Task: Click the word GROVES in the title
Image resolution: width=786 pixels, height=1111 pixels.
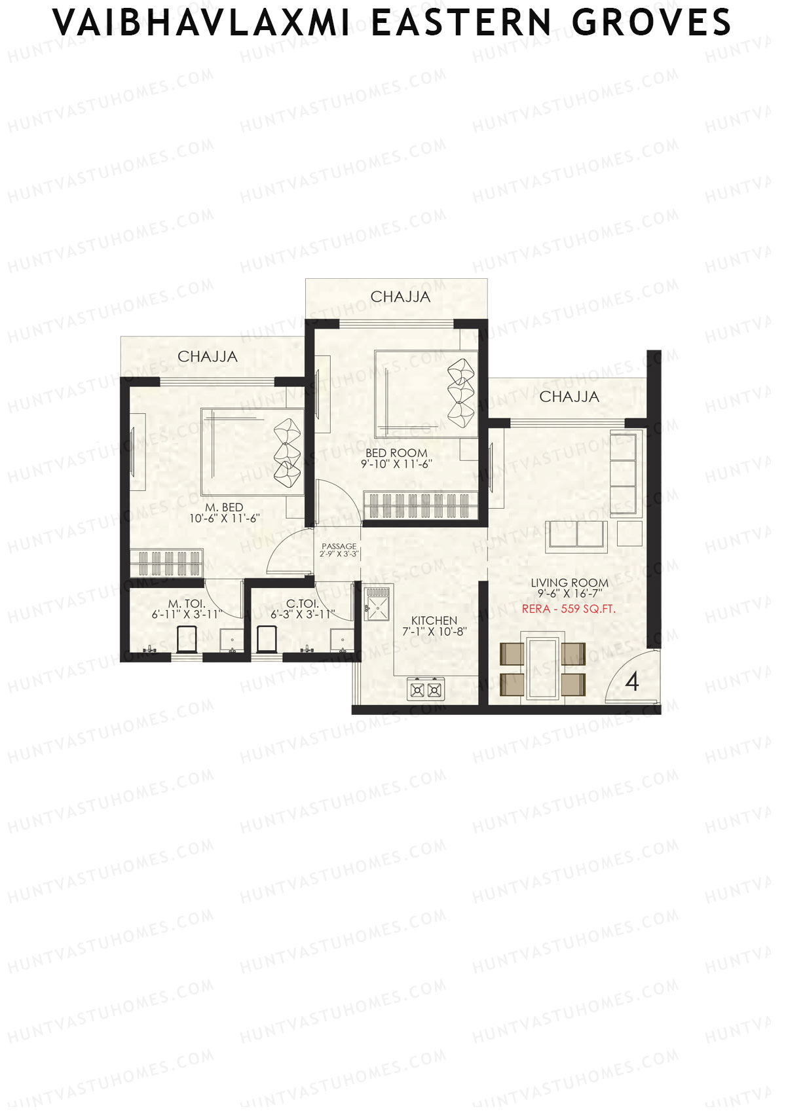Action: tap(651, 22)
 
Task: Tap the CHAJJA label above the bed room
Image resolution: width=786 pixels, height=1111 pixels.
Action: tap(400, 297)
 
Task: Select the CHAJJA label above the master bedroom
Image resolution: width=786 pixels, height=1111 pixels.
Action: tap(208, 357)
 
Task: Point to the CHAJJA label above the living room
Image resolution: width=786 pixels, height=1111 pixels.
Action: tap(569, 397)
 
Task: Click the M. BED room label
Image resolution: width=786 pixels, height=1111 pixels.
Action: tap(224, 507)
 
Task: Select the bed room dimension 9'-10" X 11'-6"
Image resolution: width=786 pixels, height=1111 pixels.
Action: tap(397, 464)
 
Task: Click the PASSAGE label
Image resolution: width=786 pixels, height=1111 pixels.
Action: tap(339, 546)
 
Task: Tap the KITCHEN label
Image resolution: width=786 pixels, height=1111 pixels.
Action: tap(434, 621)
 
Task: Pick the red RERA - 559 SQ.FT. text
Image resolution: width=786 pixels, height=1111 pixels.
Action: tap(569, 609)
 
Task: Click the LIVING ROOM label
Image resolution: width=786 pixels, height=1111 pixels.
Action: tap(569, 583)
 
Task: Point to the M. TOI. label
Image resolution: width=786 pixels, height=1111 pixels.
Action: tap(187, 604)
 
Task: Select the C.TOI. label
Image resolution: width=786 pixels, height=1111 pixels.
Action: tap(303, 604)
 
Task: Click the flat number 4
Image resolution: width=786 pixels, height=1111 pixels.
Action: tap(632, 682)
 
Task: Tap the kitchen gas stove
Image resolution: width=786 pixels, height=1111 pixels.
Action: tap(426, 689)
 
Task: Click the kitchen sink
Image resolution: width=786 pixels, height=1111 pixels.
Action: tap(378, 602)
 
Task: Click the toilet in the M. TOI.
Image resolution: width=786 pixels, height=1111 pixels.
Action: tap(187, 640)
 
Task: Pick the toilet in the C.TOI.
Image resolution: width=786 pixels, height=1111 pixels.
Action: tap(267, 640)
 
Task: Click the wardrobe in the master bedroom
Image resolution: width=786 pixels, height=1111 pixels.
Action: tap(167, 563)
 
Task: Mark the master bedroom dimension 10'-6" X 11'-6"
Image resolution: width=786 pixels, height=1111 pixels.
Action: tap(225, 518)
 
